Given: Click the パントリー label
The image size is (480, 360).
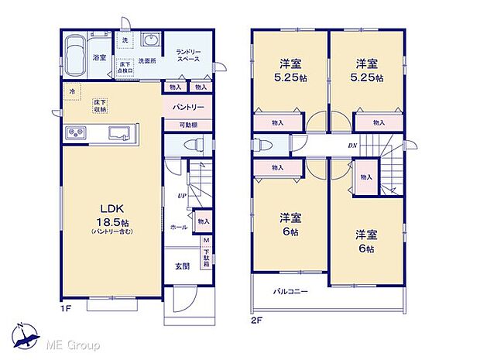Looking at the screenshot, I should [183, 108].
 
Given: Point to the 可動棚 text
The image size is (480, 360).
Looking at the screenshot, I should [184, 125].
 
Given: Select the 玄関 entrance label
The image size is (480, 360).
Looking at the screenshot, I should [182, 266].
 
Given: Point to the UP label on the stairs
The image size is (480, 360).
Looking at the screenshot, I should [180, 196].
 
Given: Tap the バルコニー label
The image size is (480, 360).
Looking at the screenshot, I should [290, 293].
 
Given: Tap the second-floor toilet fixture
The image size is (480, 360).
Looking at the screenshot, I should [262, 146].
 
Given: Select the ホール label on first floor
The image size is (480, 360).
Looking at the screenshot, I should [177, 228].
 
